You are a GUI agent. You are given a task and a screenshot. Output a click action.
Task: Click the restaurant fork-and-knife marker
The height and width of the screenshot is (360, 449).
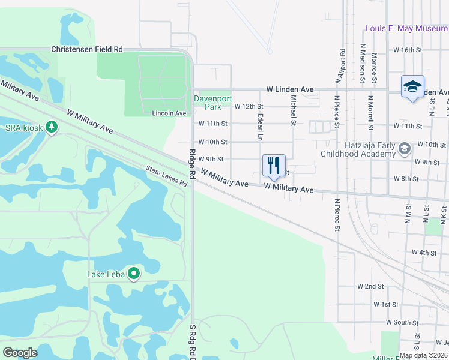[x=274, y=166]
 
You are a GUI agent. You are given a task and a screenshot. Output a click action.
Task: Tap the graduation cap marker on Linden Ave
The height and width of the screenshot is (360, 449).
[x=412, y=86]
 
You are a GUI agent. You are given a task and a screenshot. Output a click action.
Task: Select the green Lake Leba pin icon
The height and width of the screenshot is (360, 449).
[x=134, y=274]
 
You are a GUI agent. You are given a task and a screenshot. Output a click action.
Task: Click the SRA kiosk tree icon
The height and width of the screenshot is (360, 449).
[x=52, y=127]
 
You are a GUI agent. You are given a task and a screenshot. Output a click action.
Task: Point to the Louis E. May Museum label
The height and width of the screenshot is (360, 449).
[x=406, y=28]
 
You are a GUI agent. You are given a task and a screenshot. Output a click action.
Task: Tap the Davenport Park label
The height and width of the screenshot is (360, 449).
[x=208, y=103]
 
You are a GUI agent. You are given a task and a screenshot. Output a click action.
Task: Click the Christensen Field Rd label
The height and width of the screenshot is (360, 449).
[x=86, y=49]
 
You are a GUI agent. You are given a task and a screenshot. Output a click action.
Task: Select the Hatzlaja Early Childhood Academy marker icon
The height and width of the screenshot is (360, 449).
[x=405, y=148]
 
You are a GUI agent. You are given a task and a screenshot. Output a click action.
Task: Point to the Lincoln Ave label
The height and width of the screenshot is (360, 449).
[x=169, y=113]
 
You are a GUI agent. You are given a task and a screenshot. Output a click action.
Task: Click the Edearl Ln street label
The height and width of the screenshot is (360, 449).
[x=260, y=127]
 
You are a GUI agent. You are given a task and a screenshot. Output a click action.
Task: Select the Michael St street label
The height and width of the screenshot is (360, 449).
[x=294, y=110]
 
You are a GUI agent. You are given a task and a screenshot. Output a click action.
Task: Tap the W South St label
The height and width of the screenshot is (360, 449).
[x=402, y=322]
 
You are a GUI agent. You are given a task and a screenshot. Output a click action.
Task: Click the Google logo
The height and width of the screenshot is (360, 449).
[x=20, y=353]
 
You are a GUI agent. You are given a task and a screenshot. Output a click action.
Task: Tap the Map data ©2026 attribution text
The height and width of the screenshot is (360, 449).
[x=423, y=355]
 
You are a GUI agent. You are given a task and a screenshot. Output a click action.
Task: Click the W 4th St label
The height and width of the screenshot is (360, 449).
[x=424, y=253]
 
